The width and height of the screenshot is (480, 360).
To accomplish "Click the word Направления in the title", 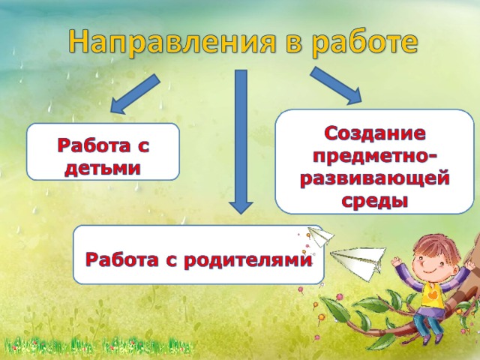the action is (x=172, y=42).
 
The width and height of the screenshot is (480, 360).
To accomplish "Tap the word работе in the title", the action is (x=365, y=43).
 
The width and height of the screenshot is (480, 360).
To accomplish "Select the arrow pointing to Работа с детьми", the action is (x=135, y=94).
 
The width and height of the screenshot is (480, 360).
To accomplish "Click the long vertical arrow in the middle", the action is (x=241, y=142).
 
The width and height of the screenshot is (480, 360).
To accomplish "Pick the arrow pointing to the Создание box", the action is (x=336, y=85).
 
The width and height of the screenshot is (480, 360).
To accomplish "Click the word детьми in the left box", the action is (x=103, y=168).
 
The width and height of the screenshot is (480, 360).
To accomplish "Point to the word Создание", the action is (x=375, y=133).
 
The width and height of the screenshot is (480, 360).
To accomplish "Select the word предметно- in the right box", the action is (x=375, y=157).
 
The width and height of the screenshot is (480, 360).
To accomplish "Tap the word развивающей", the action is (x=375, y=179).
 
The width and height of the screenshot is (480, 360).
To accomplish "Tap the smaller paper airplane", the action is (x=320, y=236).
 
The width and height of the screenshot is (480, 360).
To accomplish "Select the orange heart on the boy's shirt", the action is (x=433, y=296).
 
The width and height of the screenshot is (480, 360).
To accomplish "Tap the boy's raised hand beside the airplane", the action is (x=397, y=263).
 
